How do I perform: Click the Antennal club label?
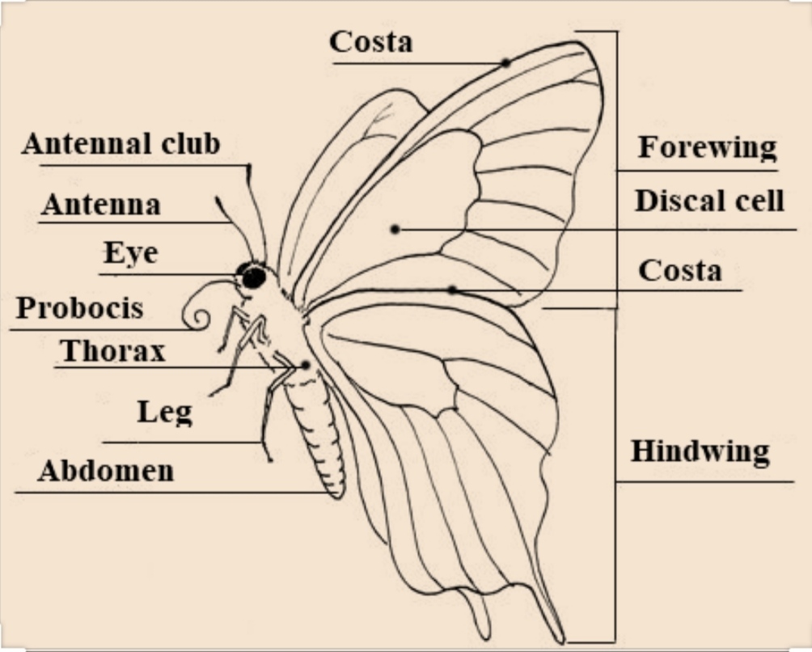click(x=121, y=144)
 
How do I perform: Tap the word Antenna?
click(x=101, y=205)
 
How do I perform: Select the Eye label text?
click(x=130, y=253)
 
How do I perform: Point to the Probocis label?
click(x=79, y=308)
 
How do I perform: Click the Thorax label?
click(x=112, y=351)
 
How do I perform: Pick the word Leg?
click(x=164, y=412)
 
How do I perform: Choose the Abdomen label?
click(x=106, y=471)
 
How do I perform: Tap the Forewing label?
click(x=707, y=148)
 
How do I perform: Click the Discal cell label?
click(x=709, y=201)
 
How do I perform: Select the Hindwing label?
click(x=700, y=451)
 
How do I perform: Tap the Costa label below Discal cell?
click(x=680, y=270)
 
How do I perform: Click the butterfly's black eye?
click(x=253, y=277)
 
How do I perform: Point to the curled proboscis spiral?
click(x=195, y=313)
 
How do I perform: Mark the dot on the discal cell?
click(x=395, y=230)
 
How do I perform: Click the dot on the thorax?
click(x=305, y=366)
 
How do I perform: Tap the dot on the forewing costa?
click(x=505, y=62)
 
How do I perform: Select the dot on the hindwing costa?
click(x=453, y=289)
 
